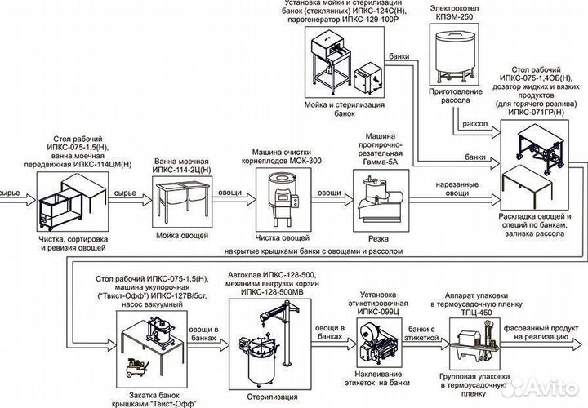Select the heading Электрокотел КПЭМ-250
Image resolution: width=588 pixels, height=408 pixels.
pyautogui.click(x=454, y=11)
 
